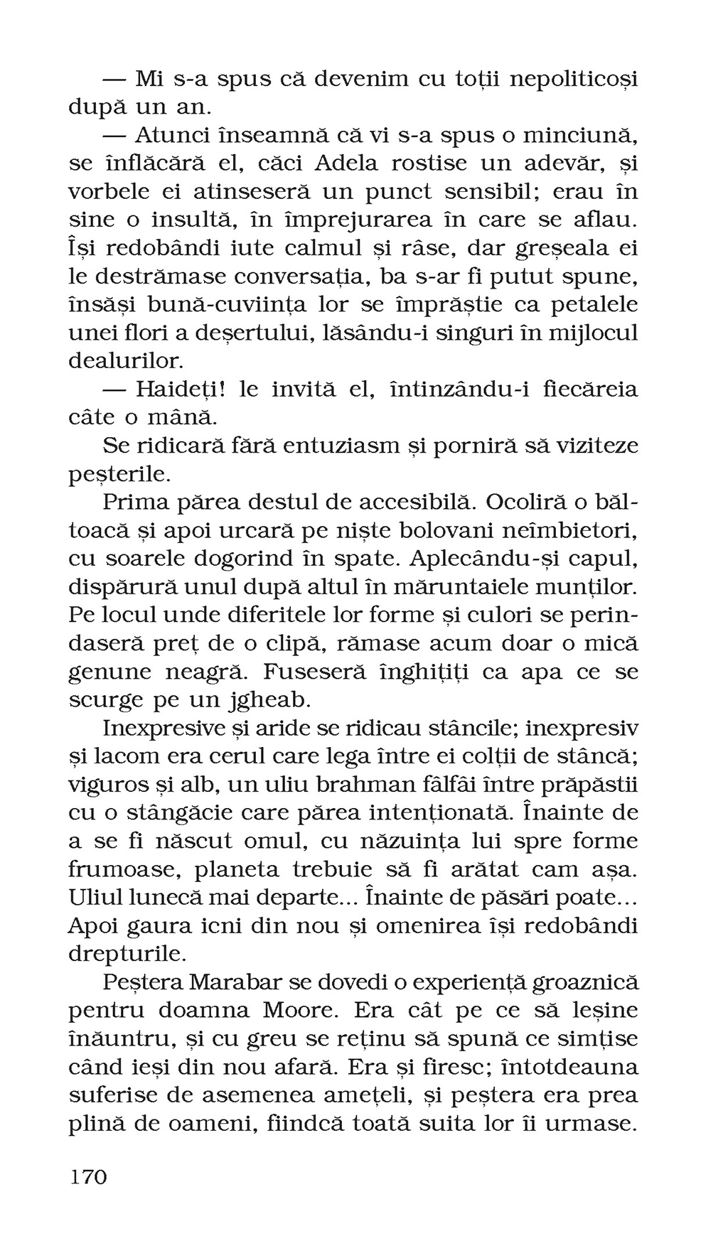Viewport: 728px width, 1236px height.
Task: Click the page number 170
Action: tap(88, 1176)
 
